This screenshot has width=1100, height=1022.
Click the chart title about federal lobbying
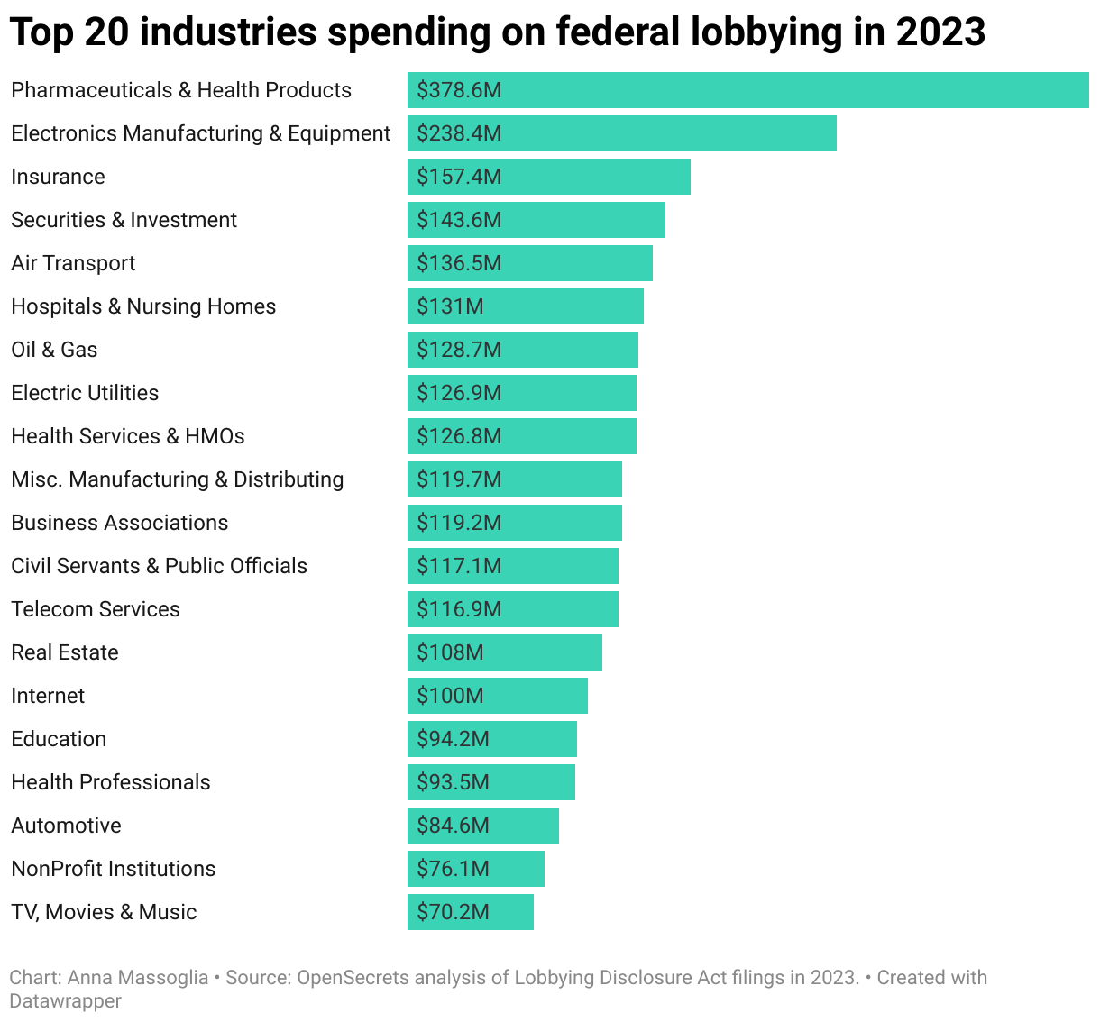click(497, 32)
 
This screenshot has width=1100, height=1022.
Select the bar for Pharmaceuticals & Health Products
click(747, 90)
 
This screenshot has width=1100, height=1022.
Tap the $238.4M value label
click(459, 133)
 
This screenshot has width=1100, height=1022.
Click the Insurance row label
click(58, 177)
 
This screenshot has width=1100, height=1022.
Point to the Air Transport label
click(73, 263)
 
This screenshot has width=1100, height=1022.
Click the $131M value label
click(450, 306)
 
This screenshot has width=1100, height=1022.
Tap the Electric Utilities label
click(85, 393)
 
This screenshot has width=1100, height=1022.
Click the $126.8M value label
click(459, 436)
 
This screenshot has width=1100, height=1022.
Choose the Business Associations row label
click(119, 523)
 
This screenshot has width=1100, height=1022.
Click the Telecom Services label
click(96, 609)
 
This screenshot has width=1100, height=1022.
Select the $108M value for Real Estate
click(450, 652)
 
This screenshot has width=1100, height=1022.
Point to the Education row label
click(59, 739)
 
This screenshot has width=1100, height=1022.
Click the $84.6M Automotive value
click(453, 826)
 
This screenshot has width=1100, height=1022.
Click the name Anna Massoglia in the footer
click(138, 978)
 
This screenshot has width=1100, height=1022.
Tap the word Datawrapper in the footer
click(65, 1000)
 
